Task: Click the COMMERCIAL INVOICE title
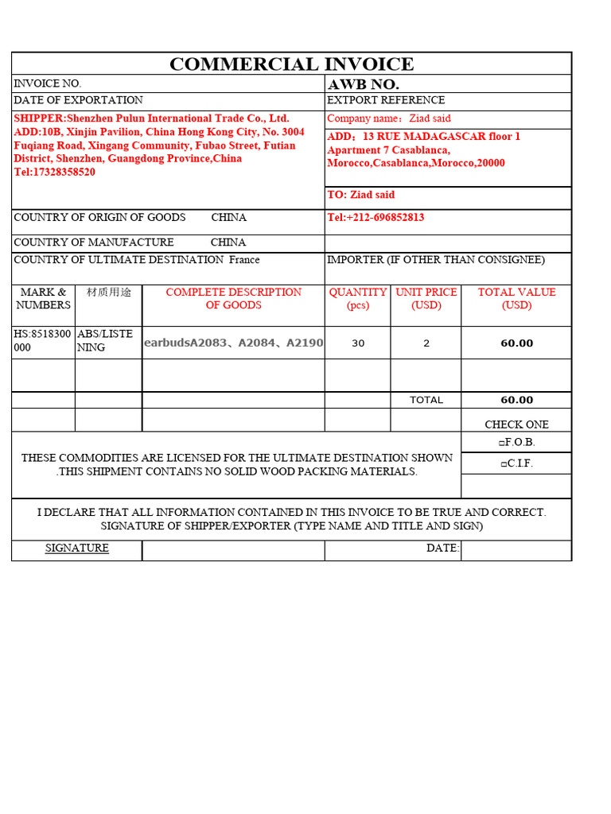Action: [291, 64]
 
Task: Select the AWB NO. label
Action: [364, 84]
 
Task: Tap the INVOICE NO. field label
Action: [48, 83]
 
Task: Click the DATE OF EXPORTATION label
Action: [79, 100]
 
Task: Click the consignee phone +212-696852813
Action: [376, 218]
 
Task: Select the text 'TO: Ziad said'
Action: [360, 195]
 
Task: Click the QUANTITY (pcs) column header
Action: [357, 299]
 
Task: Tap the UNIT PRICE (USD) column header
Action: [426, 299]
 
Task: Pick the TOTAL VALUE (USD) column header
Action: [516, 299]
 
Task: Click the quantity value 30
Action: [358, 343]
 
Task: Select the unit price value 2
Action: [426, 343]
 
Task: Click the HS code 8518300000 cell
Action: [44, 340]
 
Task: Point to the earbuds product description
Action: [233, 343]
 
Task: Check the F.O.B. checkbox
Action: [502, 443]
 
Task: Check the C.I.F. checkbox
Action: [502, 464]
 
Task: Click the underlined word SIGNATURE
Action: [77, 548]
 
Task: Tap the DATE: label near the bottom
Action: [442, 548]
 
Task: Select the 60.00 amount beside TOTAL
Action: [516, 400]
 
